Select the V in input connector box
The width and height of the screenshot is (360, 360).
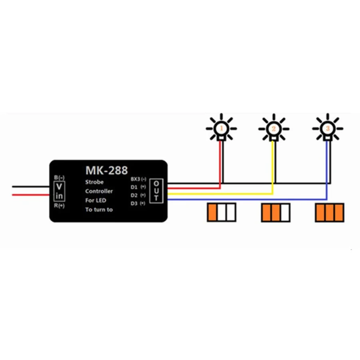pos(59,191)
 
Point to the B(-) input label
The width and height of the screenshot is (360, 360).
pos(59,177)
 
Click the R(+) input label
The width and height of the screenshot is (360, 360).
pos(59,205)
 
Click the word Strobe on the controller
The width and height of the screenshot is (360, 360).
pos(94,182)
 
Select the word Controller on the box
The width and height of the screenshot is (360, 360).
pos(99,191)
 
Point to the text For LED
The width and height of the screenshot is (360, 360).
pos(96,200)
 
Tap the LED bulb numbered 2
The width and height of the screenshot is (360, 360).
pos(274,129)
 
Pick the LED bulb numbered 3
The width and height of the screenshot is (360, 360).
pos(328,129)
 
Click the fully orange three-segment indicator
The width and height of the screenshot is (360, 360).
pos(330,212)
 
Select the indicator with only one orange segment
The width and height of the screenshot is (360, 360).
pos(222,212)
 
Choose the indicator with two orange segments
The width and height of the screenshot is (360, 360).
pos(276,212)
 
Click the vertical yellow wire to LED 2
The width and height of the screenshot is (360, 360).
pos(274,164)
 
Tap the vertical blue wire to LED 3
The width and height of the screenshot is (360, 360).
pos(327,168)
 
